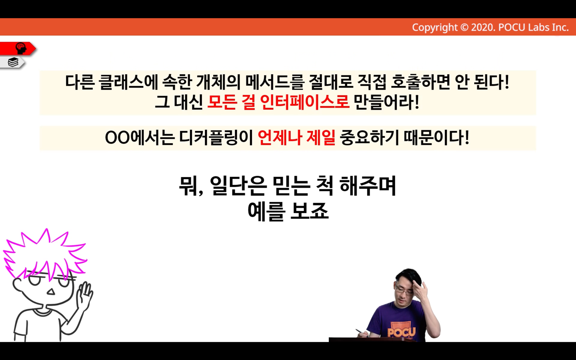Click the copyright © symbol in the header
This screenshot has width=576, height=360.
[x=464, y=27]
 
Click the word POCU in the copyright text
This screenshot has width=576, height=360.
[x=512, y=27]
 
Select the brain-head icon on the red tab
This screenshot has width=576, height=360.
[x=21, y=48]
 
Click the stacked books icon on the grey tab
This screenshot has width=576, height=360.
[x=13, y=62]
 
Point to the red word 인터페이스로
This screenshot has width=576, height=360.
[x=305, y=102]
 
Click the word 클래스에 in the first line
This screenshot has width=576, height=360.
[x=128, y=82]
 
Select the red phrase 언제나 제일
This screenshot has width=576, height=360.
[x=296, y=138]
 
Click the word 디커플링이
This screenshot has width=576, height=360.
[x=216, y=138]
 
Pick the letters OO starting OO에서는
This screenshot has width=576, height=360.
[x=117, y=138]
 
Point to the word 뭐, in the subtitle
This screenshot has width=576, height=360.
[x=191, y=186]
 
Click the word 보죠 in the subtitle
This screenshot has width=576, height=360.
[x=310, y=211]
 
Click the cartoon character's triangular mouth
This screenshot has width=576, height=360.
[x=51, y=291]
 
